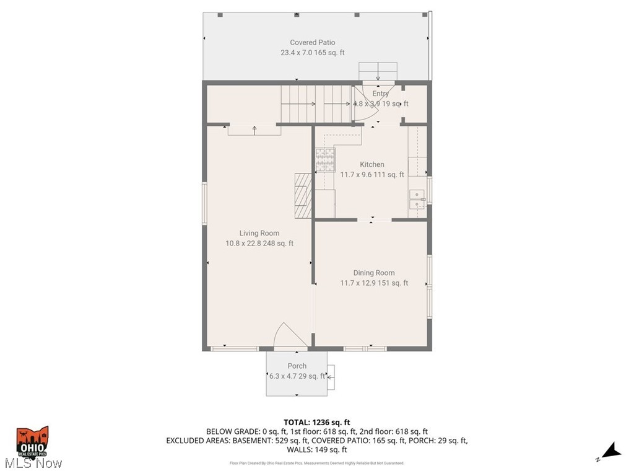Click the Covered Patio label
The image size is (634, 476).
click(313, 43)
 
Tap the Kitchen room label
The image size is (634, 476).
click(372, 164)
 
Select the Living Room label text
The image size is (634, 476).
click(259, 233)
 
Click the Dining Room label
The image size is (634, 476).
click(374, 273)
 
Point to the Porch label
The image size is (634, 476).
click(297, 366)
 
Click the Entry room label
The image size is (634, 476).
click(381, 94)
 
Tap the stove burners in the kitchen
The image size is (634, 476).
click(325, 161)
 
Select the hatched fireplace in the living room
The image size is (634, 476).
click(302, 195)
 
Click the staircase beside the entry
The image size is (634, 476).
click(316, 104)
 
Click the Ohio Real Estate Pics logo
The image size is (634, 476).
click(32, 441)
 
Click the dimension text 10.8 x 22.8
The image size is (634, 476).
click(243, 244)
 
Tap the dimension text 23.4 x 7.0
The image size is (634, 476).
click(298, 53)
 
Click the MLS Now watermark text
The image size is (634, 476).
click(32, 463)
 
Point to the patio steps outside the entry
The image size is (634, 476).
click(378, 70)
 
